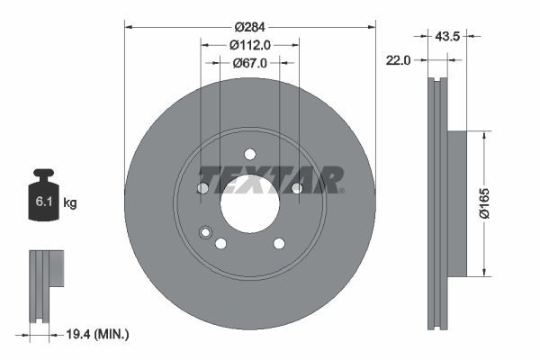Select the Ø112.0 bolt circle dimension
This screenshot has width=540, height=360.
pos(249,45)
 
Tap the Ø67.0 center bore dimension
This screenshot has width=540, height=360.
pos(249,63)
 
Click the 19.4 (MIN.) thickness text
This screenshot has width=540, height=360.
pos(99,335)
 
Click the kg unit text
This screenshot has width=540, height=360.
pos(70,203)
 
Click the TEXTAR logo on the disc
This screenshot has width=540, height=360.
pos(271,179)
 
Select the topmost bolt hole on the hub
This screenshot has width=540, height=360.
pos(249,153)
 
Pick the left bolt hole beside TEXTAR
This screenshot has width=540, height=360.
pos(202,187)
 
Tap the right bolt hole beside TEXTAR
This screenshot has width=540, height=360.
pos(296,187)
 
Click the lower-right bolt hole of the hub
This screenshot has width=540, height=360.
pos(279,243)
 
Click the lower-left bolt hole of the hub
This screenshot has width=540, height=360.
pos(220,243)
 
